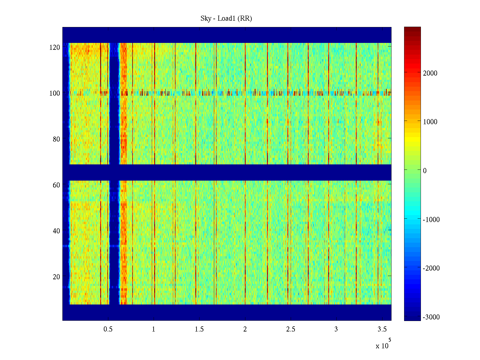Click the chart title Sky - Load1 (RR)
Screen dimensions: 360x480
(x=226, y=19)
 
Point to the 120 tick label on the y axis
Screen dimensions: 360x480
(x=55, y=47)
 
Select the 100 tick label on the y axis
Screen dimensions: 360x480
(x=55, y=93)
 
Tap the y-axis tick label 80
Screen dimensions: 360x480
(x=56, y=139)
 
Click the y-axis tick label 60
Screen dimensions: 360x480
(x=56, y=185)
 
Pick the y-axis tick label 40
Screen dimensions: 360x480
(x=56, y=231)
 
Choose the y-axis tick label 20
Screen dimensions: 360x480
(x=56, y=277)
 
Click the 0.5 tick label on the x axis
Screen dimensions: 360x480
(x=108, y=329)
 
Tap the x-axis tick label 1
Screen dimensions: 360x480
(x=154, y=329)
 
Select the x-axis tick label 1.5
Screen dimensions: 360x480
(x=199, y=329)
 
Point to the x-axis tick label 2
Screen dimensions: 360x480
(x=245, y=329)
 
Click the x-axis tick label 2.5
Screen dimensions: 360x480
(x=291, y=329)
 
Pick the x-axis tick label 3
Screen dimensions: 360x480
(x=336, y=329)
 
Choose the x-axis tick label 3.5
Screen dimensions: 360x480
(x=382, y=329)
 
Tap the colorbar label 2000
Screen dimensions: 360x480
(x=430, y=73)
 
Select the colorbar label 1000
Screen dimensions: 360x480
(x=430, y=122)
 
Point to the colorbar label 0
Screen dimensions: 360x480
(x=424, y=171)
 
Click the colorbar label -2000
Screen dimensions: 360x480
(x=431, y=268)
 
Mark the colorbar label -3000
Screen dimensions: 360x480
(x=431, y=317)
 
